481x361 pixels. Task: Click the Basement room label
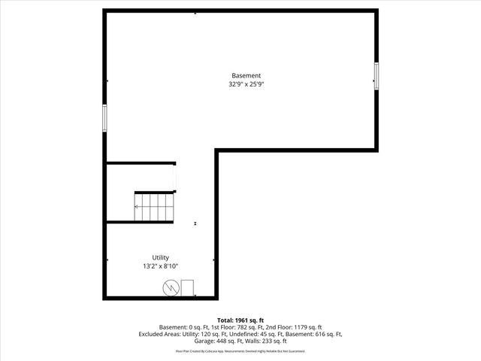[246, 75]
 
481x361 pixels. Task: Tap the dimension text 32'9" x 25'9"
[246, 84]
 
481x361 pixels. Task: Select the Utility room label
[160, 257]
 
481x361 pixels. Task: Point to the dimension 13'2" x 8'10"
[160, 266]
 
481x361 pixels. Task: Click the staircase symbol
[154, 206]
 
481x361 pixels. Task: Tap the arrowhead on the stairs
[137, 206]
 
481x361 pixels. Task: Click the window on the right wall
[376, 75]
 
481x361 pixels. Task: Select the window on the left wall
[104, 117]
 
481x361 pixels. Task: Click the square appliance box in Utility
[186, 288]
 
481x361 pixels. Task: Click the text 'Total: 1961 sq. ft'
[240, 320]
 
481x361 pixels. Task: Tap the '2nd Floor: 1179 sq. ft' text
[295, 327]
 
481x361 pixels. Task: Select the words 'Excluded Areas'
[158, 334]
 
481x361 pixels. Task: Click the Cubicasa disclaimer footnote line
[240, 350]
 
